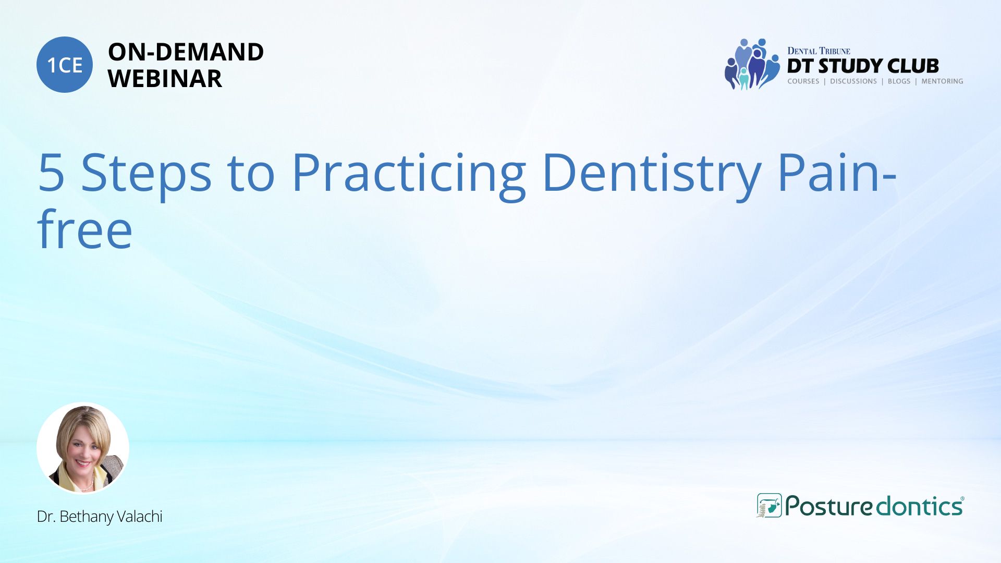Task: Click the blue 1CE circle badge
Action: click(x=65, y=65)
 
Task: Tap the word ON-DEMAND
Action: click(x=186, y=52)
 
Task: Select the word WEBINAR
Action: click(x=165, y=79)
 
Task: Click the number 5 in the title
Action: click(x=51, y=172)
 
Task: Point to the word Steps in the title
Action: click(x=147, y=174)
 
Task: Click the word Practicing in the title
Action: click(x=409, y=174)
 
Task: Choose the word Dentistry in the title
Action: click(x=651, y=174)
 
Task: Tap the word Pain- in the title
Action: click(x=837, y=172)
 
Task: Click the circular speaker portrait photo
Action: click(x=83, y=448)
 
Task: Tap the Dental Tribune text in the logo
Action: click(x=819, y=51)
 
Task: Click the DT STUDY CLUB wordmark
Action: click(x=863, y=66)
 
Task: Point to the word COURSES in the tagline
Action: click(x=803, y=81)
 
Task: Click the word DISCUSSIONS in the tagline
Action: click(x=853, y=81)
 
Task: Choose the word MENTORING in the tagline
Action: click(x=942, y=81)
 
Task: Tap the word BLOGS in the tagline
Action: click(x=899, y=81)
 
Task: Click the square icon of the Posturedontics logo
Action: click(x=769, y=506)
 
